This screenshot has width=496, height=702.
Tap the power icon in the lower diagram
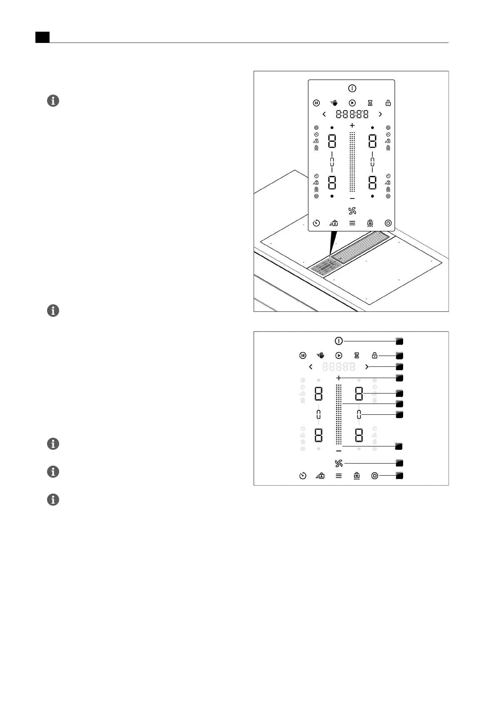[339, 341]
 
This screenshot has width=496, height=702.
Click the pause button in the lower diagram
[303, 356]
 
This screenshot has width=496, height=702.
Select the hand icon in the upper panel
[334, 103]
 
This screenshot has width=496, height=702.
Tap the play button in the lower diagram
[339, 356]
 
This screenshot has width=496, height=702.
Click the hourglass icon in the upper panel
[370, 103]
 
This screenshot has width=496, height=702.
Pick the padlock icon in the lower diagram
[374, 356]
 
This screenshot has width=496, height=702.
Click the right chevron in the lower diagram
[366, 367]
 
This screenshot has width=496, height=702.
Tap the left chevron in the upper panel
[324, 114]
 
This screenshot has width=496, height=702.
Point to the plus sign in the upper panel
[352, 125]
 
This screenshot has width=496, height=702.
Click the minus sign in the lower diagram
[339, 451]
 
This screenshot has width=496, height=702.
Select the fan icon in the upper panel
[352, 211]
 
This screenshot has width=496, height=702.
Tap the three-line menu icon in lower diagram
[339, 476]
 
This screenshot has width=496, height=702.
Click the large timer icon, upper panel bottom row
[317, 223]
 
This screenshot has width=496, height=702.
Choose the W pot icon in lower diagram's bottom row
[356, 476]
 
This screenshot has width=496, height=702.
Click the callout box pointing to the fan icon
[399, 463]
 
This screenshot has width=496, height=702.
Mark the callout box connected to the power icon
[399, 341]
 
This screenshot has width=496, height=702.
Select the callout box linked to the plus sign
[399, 378]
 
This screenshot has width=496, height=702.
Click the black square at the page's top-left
[42, 37]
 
